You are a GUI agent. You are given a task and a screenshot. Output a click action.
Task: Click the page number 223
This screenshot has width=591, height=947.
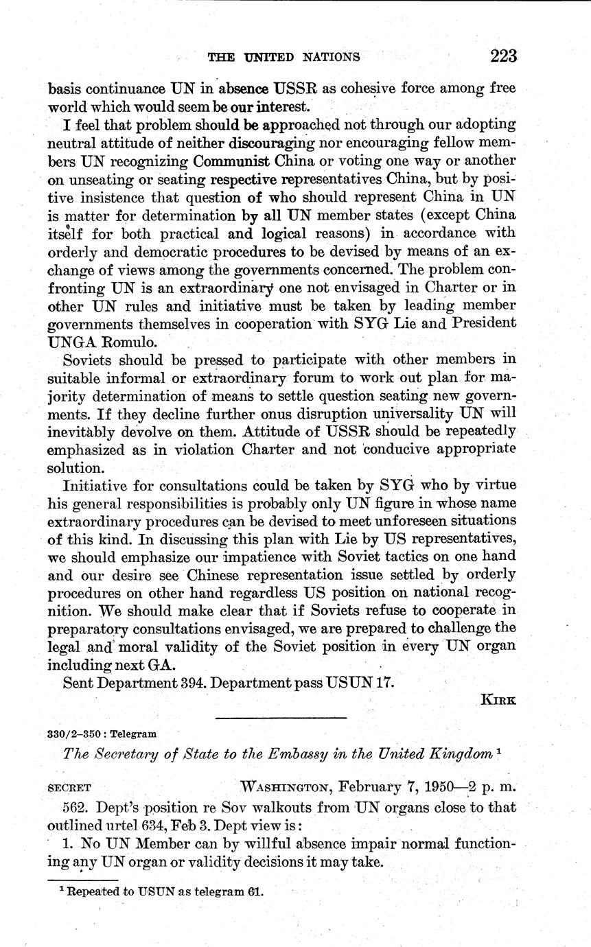[x=503, y=56]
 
